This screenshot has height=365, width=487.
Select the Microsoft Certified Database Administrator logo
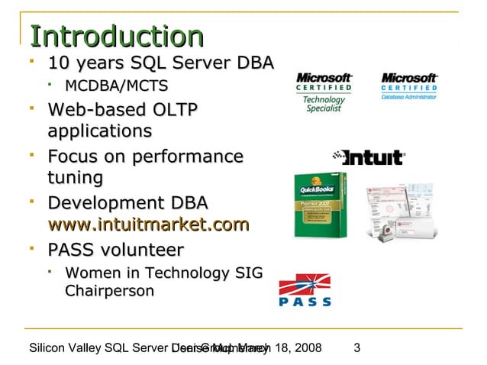(409, 86)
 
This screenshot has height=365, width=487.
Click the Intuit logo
(368, 158)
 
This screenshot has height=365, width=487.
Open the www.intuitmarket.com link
(148, 224)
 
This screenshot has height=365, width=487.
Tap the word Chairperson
(109, 291)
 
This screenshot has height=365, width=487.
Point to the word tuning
(75, 178)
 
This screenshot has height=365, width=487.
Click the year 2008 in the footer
(307, 349)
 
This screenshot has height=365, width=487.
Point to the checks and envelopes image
(400, 211)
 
